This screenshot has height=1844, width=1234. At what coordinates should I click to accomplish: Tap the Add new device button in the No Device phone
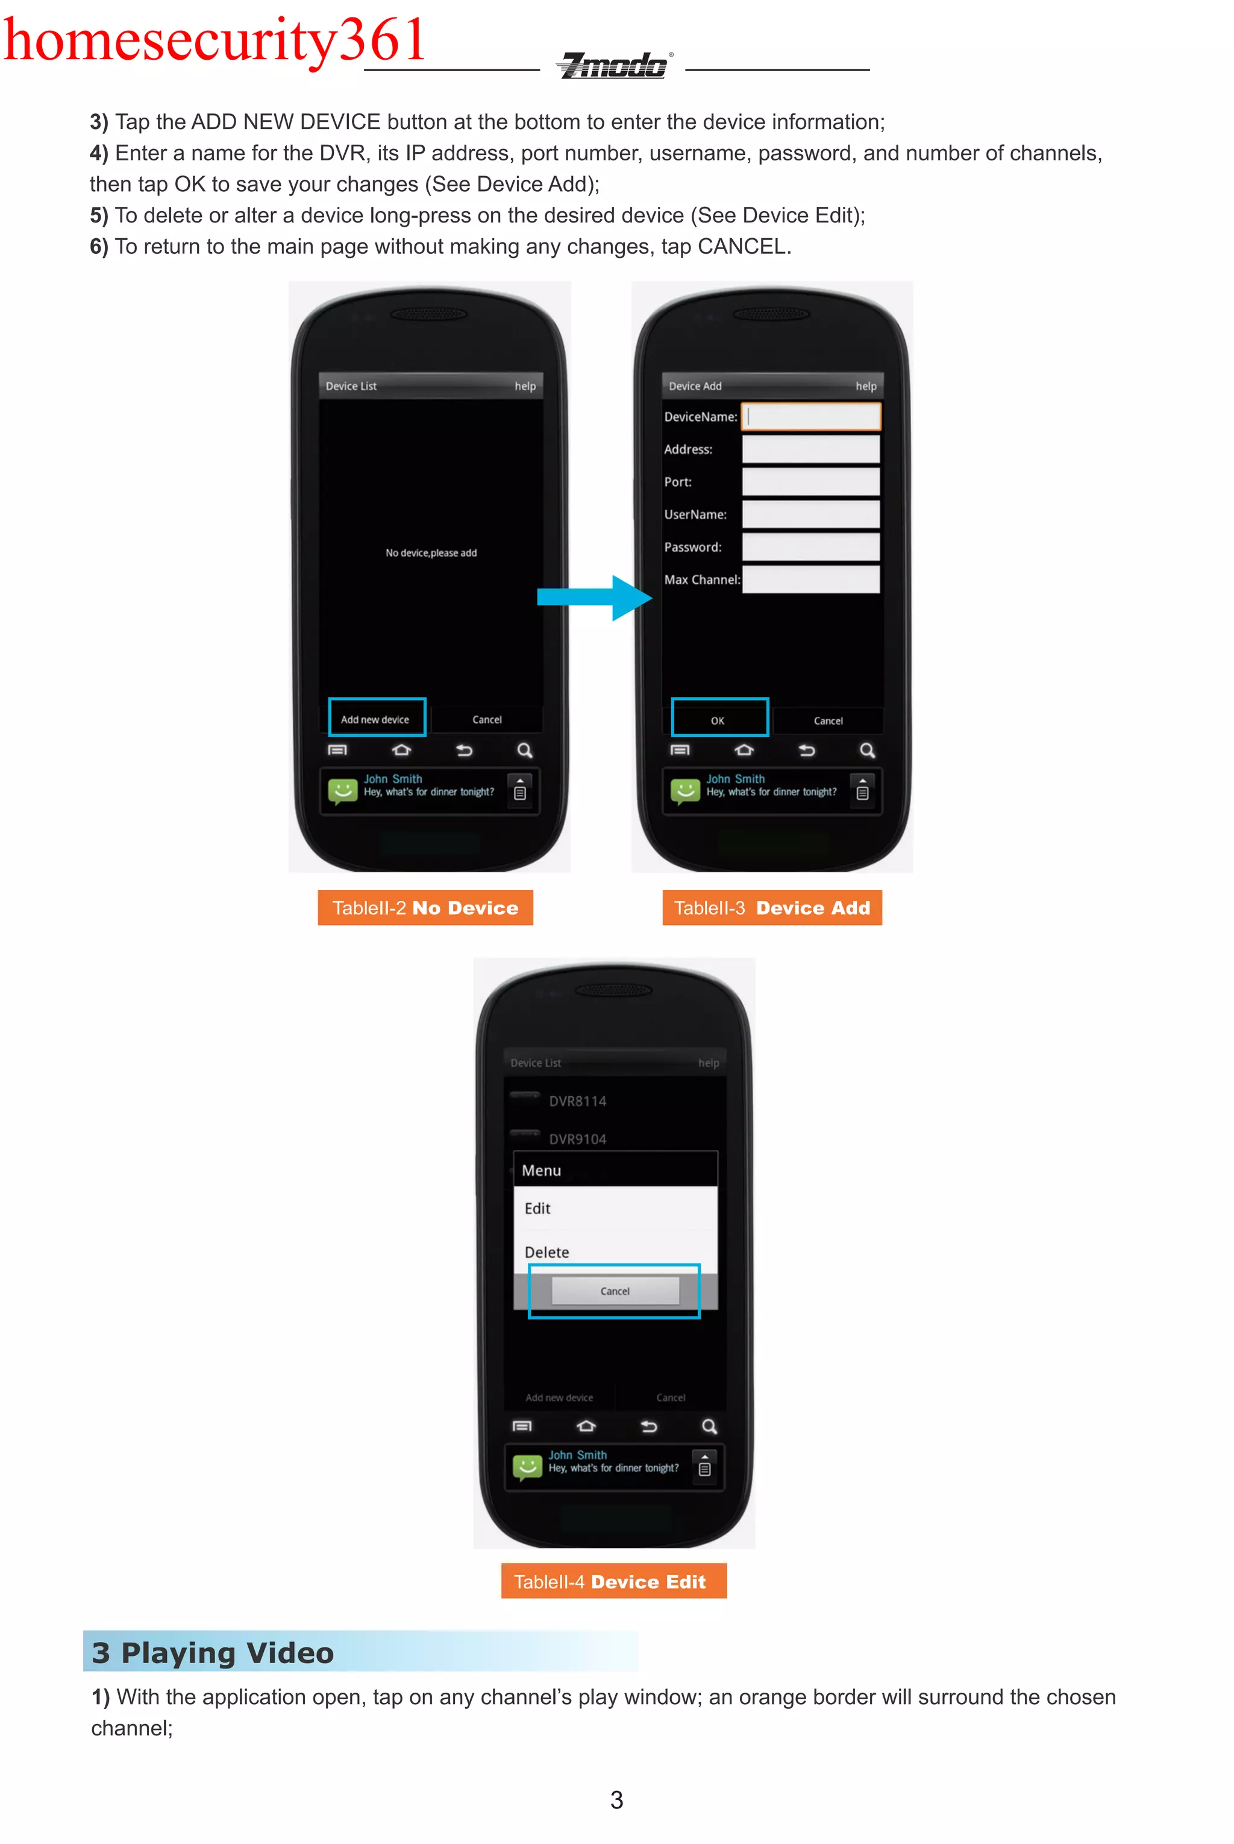[x=376, y=719]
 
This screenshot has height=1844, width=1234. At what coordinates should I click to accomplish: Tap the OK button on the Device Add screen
[x=718, y=719]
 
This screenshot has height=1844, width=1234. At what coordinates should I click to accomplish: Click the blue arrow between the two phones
[x=595, y=598]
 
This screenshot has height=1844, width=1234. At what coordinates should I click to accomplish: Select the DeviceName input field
[x=810, y=417]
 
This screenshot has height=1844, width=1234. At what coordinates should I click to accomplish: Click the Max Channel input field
[x=810, y=579]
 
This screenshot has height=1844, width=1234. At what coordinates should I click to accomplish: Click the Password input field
[x=810, y=546]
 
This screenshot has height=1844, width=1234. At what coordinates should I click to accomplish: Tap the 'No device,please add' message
[x=430, y=553]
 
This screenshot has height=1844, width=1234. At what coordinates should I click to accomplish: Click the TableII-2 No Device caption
[x=425, y=908]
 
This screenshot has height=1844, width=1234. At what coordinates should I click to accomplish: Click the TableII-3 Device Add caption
[x=772, y=908]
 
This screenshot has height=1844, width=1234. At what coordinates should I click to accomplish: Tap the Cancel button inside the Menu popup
[x=615, y=1291]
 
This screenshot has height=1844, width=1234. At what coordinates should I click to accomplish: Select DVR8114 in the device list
[x=578, y=1100]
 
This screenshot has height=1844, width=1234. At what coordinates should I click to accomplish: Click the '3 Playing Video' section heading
[x=213, y=1652]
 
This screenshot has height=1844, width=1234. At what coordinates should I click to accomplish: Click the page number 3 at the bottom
[x=616, y=1800]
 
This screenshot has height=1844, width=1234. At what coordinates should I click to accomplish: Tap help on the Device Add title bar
[x=866, y=386]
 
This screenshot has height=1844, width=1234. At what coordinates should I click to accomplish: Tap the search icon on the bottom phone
[x=709, y=1427]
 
